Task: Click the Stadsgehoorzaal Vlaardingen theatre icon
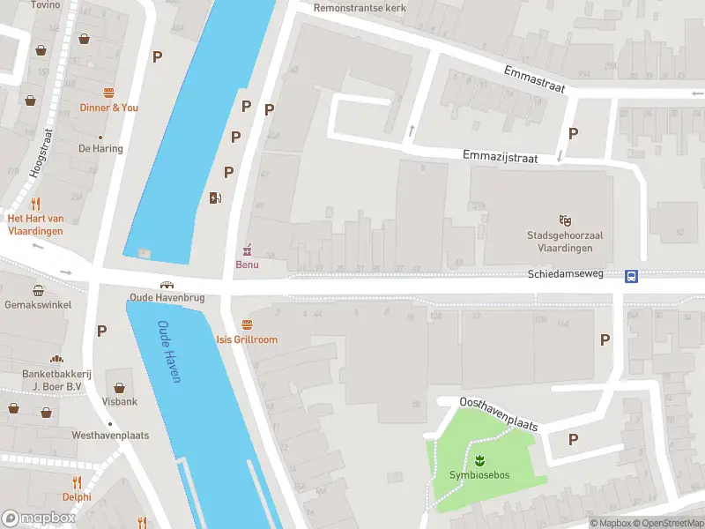click(x=564, y=219)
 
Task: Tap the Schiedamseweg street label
click(x=565, y=274)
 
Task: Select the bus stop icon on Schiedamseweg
click(x=632, y=276)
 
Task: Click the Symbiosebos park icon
click(x=480, y=460)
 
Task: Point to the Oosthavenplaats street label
click(x=498, y=414)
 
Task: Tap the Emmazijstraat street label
click(x=500, y=155)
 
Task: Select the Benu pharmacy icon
click(x=247, y=250)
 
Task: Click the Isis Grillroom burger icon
click(x=247, y=325)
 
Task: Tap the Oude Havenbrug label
click(x=167, y=298)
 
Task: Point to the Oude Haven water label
click(x=168, y=351)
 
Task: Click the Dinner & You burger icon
click(x=109, y=93)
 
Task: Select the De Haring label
click(x=100, y=149)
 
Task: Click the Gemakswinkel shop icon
click(x=39, y=290)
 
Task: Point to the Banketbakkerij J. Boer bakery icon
click(x=56, y=360)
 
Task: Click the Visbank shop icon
click(x=120, y=386)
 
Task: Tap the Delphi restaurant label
click(x=77, y=495)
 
